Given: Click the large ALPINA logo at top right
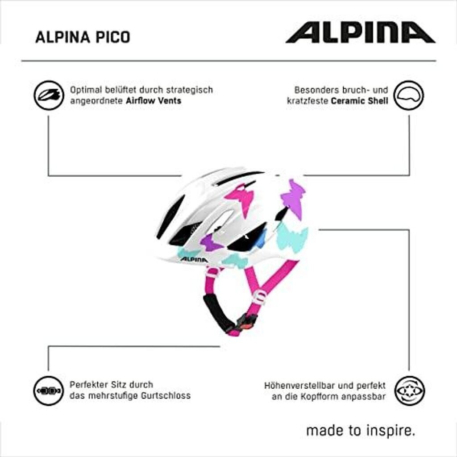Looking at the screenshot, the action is pyautogui.click(x=360, y=33).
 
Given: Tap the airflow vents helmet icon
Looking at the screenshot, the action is pyautogui.click(x=49, y=96).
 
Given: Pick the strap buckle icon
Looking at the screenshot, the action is pyautogui.click(x=49, y=391).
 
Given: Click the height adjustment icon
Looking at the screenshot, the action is pyautogui.click(x=409, y=391).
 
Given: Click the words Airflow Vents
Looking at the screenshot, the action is pyautogui.click(x=153, y=101).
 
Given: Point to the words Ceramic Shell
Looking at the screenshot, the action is pyautogui.click(x=359, y=101).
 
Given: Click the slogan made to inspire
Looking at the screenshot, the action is pyautogui.click(x=361, y=432).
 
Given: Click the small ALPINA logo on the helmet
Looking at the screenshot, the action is pyautogui.click(x=194, y=259).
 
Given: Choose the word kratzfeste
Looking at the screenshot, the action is pyautogui.click(x=307, y=101).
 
